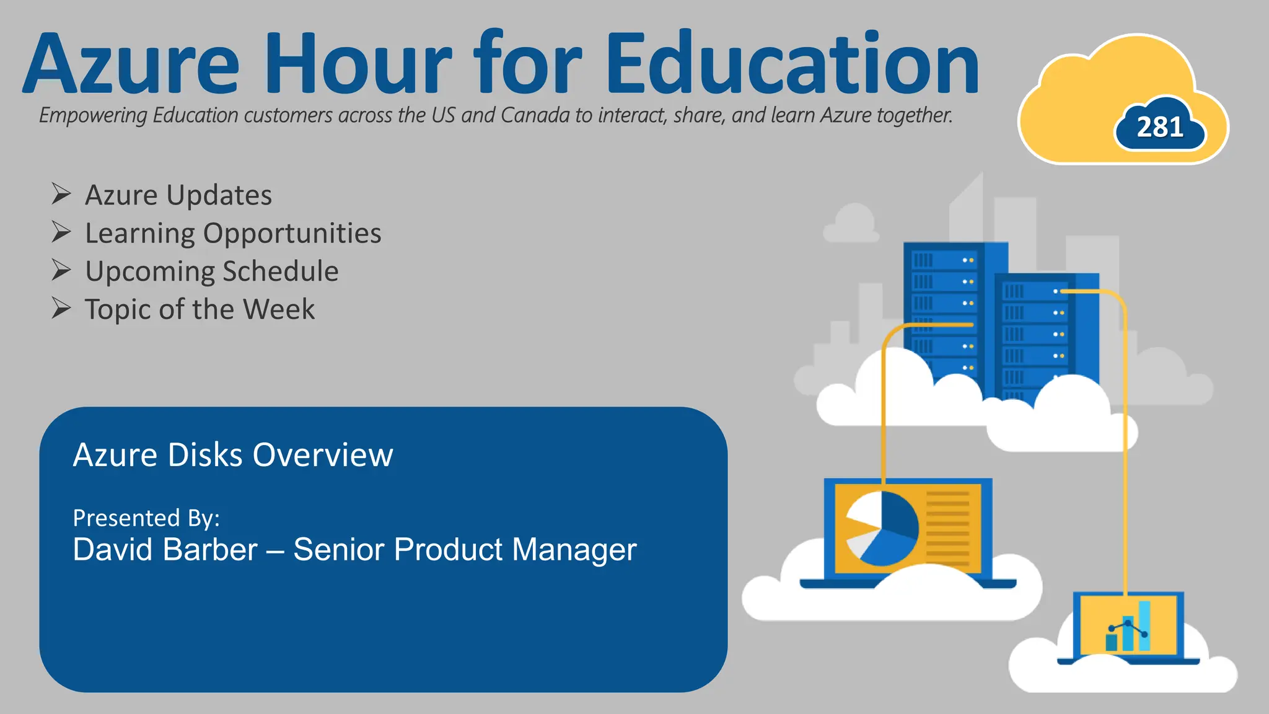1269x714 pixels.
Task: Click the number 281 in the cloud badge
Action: click(1160, 127)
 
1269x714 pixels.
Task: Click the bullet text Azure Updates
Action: click(178, 195)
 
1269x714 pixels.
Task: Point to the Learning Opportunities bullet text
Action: click(233, 234)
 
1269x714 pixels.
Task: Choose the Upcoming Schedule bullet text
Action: click(212, 271)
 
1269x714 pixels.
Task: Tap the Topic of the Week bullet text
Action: click(200, 309)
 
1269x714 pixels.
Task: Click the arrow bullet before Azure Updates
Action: click(61, 194)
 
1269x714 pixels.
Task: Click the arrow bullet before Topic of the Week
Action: click(61, 308)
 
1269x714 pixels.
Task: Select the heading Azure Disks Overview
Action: click(233, 455)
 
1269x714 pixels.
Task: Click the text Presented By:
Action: click(146, 518)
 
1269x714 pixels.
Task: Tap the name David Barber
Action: click(165, 550)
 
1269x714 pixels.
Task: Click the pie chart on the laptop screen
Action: click(881, 528)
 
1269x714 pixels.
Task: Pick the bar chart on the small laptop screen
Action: click(1128, 627)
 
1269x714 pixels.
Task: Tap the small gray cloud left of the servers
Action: click(852, 224)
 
